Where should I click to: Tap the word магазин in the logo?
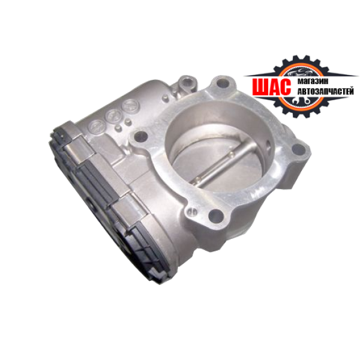[x=313, y=81]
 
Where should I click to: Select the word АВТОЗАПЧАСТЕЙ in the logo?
[x=326, y=91]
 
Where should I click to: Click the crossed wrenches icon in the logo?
[x=301, y=100]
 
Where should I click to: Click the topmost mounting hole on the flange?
[x=223, y=83]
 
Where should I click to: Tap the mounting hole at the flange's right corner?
[x=299, y=149]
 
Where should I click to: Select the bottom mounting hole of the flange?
[x=216, y=216]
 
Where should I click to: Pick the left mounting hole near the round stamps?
[x=140, y=136]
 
